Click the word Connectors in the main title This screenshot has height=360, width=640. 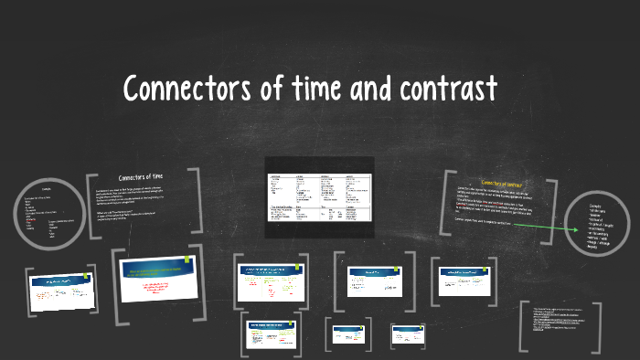pos(183,90)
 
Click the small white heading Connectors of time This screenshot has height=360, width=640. pos(141,176)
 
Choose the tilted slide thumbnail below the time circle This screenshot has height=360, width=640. pos(62,291)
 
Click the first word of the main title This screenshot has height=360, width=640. pos(183,90)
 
